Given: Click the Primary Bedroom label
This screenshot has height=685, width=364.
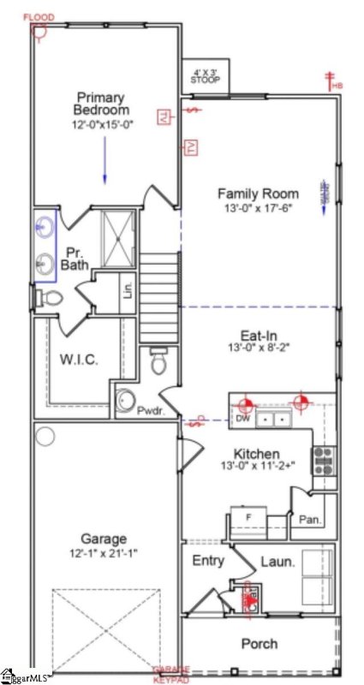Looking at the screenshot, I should pos(102,104).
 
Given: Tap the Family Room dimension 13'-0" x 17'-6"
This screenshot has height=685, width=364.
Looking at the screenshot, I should pos(257,207).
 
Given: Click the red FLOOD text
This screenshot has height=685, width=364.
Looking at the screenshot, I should pos(39,17).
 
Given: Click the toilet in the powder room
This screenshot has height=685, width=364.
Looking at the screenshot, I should pos(158,362).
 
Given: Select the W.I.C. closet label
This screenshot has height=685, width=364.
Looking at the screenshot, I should pos(78,360).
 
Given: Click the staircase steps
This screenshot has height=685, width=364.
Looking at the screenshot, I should pos(160,291).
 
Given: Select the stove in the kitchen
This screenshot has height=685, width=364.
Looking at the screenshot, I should pos(325,461).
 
